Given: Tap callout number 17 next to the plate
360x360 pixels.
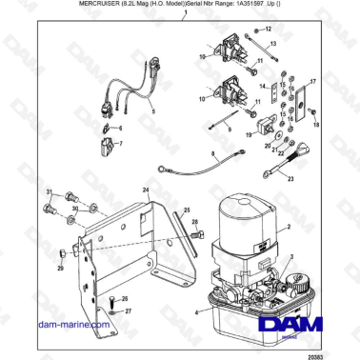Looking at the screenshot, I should tap(312, 83).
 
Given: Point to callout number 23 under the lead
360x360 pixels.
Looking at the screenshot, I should tap(290, 178).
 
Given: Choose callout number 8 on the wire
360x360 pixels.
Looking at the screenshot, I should tap(211, 153).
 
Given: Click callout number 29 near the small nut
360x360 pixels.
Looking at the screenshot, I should tap(60, 270).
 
